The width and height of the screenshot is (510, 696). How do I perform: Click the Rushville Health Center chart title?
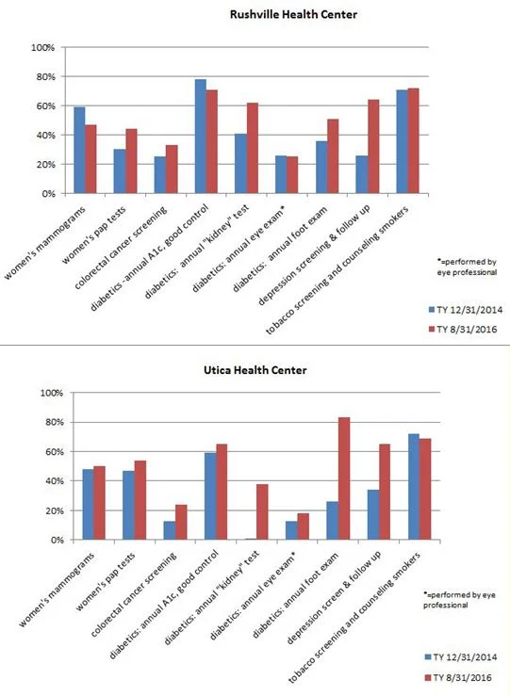point(293,15)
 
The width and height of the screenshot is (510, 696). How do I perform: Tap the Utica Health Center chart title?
point(255,370)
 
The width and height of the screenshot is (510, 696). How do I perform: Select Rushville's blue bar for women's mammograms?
point(79,150)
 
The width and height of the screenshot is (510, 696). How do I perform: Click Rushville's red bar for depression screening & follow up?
point(373,147)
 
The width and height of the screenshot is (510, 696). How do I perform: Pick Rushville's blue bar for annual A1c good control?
point(201,137)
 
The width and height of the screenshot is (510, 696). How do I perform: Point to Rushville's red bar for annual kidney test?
point(253,148)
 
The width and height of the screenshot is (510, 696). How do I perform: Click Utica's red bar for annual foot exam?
point(344,478)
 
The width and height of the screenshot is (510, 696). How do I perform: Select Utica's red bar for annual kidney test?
point(263,511)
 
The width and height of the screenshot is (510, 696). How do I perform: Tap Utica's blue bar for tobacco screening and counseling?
point(414,487)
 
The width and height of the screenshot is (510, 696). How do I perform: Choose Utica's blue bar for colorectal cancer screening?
point(170,530)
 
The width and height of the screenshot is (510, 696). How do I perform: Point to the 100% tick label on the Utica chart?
point(52,394)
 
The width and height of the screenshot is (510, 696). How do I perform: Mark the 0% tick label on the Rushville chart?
point(48,194)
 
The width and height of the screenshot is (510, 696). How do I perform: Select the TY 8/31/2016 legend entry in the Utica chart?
point(458,678)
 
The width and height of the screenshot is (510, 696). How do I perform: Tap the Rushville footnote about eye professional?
point(467,267)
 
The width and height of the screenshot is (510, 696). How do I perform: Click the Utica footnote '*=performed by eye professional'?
point(459,600)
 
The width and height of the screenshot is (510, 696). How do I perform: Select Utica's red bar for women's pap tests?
point(140,500)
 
